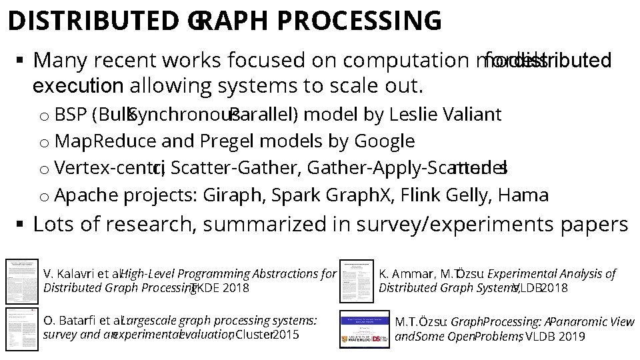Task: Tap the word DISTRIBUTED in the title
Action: pyautogui.click(x=95, y=20)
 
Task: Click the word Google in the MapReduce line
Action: pyautogui.click(x=384, y=141)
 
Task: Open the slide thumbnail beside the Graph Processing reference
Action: pyautogui.click(x=364, y=328)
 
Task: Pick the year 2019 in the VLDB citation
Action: pyautogui.click(x=571, y=336)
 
